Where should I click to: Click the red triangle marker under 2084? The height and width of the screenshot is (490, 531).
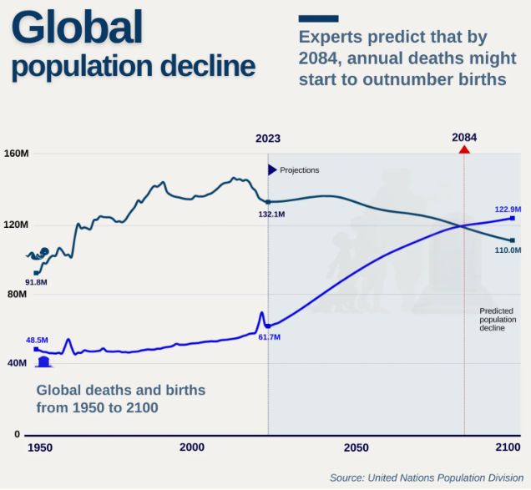tap(464, 149)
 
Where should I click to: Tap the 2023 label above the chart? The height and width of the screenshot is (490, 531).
tap(268, 139)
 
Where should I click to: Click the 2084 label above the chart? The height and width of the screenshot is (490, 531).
tap(464, 137)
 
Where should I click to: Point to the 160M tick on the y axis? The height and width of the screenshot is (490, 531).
tap(17, 154)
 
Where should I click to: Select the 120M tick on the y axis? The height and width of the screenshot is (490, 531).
tap(17, 225)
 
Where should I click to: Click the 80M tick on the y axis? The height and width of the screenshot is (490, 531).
tap(17, 295)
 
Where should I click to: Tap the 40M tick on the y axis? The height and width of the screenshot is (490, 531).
tap(17, 364)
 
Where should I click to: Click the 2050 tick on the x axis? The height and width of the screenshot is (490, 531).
tap(356, 448)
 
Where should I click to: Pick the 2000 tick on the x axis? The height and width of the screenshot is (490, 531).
tap(192, 448)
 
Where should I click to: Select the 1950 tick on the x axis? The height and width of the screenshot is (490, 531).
tap(39, 448)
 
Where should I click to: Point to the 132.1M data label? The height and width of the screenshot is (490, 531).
tap(272, 215)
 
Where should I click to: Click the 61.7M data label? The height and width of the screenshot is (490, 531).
tap(269, 337)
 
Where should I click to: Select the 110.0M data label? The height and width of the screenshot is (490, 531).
tap(508, 250)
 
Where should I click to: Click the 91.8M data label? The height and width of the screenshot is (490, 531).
tap(36, 282)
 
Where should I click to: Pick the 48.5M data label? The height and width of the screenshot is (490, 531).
tap(37, 340)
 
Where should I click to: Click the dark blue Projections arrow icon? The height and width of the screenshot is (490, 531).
tap(272, 170)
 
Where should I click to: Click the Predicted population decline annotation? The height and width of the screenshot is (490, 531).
tap(498, 320)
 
